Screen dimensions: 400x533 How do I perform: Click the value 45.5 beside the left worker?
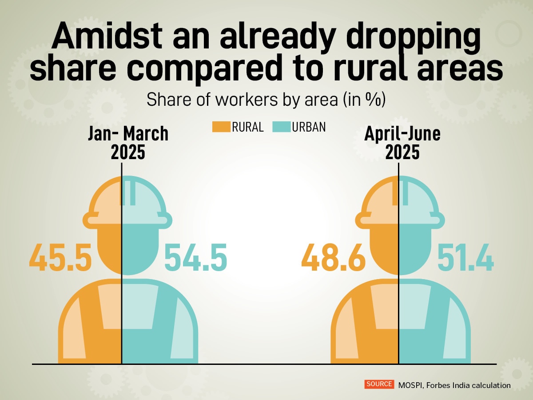(x=60, y=258)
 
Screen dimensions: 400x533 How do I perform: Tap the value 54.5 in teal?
(x=195, y=258)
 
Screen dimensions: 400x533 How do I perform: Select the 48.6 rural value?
(x=333, y=258)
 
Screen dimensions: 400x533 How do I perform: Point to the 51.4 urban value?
(x=465, y=258)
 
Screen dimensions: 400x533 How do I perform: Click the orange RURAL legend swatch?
(x=221, y=127)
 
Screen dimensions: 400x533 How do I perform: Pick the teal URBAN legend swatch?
(x=281, y=127)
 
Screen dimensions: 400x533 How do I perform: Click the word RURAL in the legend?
(x=247, y=128)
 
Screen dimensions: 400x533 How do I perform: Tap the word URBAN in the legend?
(x=309, y=128)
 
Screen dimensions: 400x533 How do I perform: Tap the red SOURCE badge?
(x=379, y=384)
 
